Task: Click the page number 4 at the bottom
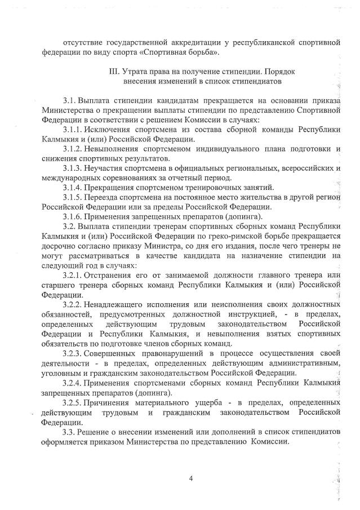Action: (191, 479)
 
